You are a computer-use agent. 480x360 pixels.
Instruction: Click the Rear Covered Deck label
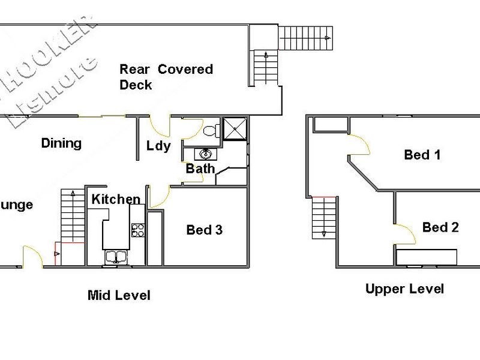point(166,77)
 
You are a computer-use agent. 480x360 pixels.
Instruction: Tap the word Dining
point(61,143)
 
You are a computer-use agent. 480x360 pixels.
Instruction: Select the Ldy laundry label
point(158,146)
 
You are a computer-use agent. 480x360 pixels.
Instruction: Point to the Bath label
point(200,169)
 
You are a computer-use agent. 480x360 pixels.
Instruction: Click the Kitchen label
point(116,199)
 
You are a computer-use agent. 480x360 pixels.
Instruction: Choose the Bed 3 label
point(204,230)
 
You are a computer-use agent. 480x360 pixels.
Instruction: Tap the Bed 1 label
point(422,155)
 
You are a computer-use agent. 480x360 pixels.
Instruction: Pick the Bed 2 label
point(440,227)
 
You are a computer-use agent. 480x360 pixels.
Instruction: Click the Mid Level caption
point(119,295)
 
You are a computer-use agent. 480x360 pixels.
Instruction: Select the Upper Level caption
point(404,289)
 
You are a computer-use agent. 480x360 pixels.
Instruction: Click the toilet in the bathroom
point(211,130)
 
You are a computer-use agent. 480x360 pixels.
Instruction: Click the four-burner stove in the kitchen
point(138,230)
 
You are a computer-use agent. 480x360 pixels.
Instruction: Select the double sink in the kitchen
point(115,257)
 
